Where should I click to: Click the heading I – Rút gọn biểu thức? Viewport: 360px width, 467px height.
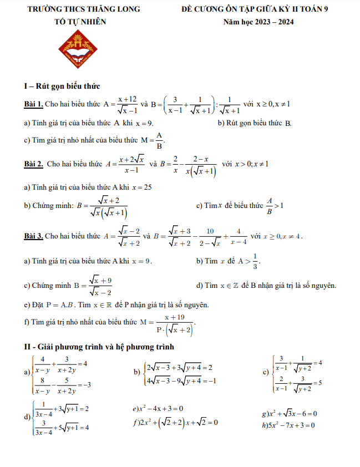click(62, 86)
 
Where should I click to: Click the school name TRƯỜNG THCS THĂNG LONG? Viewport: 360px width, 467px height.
click(80, 9)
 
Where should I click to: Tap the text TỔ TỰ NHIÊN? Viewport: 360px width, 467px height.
click(80, 22)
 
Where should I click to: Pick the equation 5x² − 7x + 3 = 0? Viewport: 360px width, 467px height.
click(288, 425)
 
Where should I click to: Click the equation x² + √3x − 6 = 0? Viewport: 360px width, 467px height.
click(288, 414)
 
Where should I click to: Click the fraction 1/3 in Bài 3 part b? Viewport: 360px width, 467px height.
click(256, 261)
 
